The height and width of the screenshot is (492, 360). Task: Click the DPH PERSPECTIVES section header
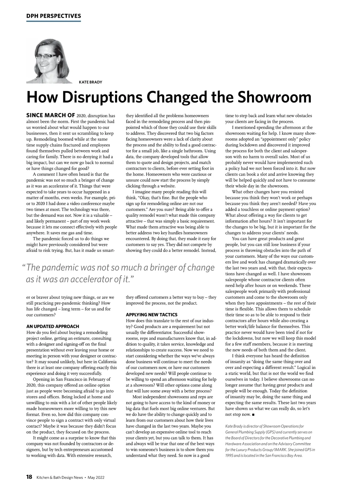point(54,16)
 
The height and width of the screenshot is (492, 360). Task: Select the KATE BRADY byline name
point(90,82)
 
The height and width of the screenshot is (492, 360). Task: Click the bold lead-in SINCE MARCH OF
point(51,116)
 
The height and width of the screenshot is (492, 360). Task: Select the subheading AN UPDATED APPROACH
point(53,326)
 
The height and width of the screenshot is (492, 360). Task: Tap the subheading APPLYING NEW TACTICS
point(151,315)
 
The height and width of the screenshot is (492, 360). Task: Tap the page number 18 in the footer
point(29,477)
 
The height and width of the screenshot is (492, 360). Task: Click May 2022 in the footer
point(96,477)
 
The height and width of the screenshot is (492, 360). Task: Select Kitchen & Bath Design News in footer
point(60,477)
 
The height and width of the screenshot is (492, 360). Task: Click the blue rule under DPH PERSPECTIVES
point(54,21)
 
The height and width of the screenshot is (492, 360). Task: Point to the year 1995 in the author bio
point(230,455)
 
